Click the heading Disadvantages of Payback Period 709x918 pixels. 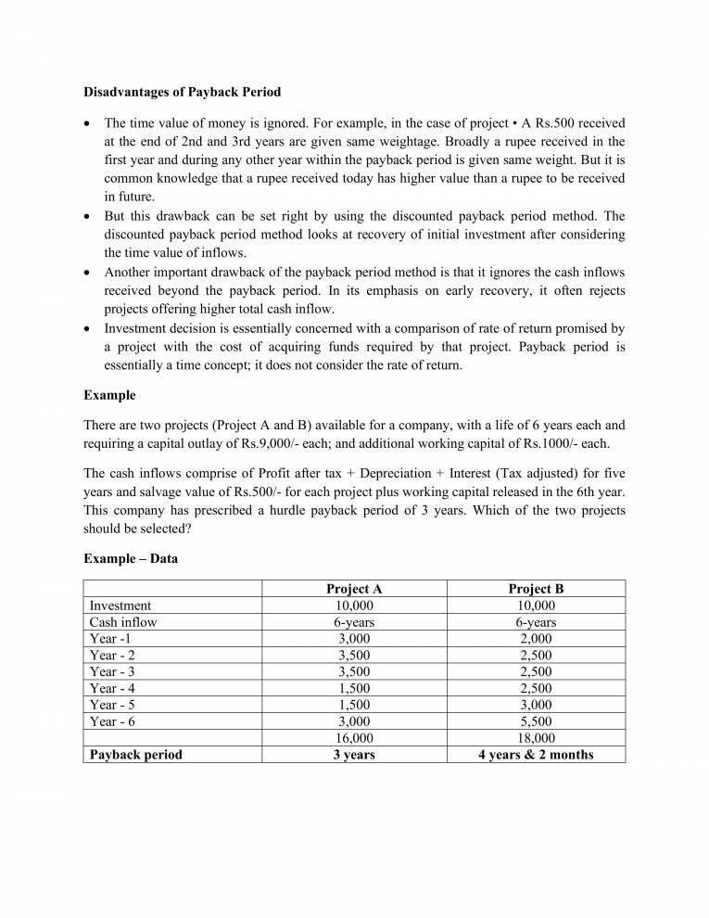(x=182, y=92)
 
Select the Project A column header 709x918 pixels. (x=354, y=589)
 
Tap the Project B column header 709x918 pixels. (x=536, y=589)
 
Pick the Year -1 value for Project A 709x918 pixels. (x=354, y=639)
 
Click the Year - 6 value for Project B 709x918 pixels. (x=536, y=720)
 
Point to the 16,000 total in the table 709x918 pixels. (x=354, y=737)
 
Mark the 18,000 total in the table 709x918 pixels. (x=536, y=737)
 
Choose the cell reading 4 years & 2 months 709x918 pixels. (x=536, y=754)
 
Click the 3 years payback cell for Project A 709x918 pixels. (x=354, y=754)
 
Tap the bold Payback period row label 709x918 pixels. (x=135, y=754)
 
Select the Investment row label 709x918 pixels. (x=120, y=606)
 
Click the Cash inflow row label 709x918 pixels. (x=122, y=622)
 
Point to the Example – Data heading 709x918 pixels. (x=131, y=558)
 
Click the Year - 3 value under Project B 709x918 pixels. (x=536, y=671)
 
